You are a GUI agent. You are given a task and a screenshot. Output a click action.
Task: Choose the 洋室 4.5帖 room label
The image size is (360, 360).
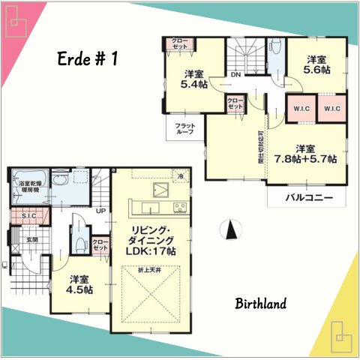78,283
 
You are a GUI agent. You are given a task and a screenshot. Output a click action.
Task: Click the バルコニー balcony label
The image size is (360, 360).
307,199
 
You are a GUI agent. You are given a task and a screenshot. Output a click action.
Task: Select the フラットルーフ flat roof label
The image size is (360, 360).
184,128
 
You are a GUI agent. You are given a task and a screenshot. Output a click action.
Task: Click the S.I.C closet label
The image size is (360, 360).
29,216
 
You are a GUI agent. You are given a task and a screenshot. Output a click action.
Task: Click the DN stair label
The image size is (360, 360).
235,74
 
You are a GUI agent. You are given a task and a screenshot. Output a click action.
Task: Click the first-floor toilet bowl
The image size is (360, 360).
77,235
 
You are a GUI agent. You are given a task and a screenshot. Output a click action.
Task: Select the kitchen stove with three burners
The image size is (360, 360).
180,207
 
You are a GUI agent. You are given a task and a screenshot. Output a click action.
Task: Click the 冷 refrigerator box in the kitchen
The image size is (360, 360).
180,175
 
